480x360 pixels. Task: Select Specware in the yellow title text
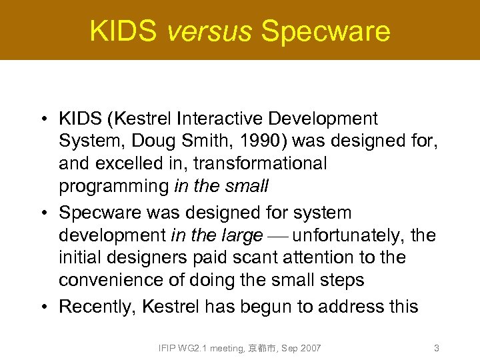[x=325, y=31]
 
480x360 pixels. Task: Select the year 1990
[x=260, y=141]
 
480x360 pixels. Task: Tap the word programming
[x=114, y=186]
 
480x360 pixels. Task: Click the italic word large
[x=243, y=235]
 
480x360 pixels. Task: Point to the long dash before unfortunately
[x=277, y=236]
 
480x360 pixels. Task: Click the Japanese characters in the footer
[x=263, y=348]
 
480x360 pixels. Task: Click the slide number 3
[x=436, y=348]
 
